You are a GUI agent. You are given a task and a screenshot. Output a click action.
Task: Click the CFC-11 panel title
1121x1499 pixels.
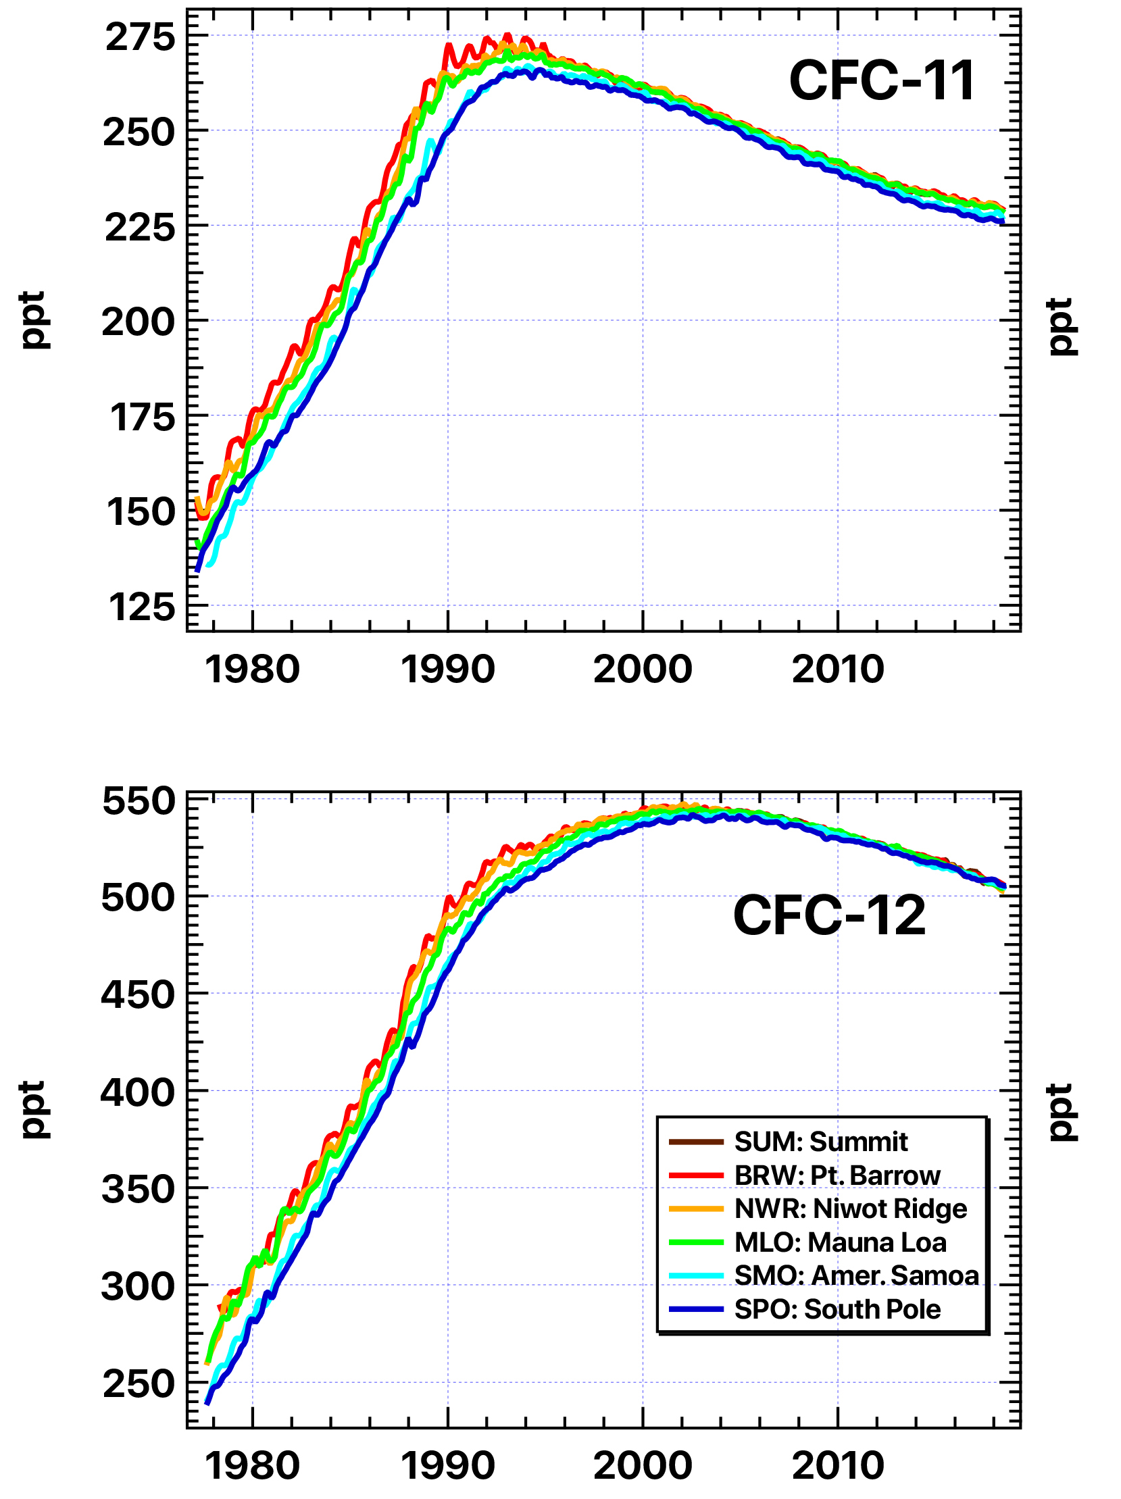pos(881,80)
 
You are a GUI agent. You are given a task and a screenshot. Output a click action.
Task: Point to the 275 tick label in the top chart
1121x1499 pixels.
pos(140,37)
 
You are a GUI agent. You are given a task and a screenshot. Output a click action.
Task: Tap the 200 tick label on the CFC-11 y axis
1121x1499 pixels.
pos(139,323)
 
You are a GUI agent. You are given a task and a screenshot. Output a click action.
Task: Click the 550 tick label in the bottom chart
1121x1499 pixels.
pos(139,802)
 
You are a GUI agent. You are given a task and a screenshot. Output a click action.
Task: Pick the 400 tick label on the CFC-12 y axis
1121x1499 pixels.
pos(139,1093)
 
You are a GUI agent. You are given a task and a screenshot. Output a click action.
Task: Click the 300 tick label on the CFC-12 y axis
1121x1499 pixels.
pos(139,1287)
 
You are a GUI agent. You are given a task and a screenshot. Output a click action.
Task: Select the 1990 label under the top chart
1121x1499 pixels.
pos(447,670)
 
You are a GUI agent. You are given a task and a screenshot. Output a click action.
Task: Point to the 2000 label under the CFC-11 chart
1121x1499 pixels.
pos(643,670)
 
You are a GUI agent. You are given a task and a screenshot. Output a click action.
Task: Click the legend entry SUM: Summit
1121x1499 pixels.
pos(820,1142)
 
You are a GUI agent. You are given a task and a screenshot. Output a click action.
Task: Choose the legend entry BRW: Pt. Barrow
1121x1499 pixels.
pos(837,1175)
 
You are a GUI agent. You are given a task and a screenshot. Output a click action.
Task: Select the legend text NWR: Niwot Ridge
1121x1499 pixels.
pos(850,1209)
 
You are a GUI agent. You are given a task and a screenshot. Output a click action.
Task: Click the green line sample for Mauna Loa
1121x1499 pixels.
pos(696,1243)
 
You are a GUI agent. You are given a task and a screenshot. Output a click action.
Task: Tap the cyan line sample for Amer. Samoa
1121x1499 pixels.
pos(696,1276)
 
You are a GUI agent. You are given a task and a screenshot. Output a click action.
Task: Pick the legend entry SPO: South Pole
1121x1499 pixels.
pos(837,1309)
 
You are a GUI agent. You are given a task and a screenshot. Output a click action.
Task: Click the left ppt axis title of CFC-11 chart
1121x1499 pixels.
pos(32,320)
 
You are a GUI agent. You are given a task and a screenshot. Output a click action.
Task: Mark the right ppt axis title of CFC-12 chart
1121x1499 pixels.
pos(1062,1112)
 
